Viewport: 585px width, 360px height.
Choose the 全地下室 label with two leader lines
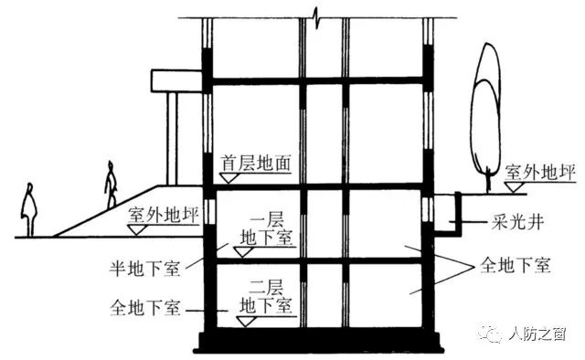(x=514, y=267)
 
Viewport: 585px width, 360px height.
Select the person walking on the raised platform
(x=112, y=185)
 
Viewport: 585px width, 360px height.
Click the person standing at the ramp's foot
(x=29, y=210)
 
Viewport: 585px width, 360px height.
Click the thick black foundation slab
(x=318, y=342)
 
